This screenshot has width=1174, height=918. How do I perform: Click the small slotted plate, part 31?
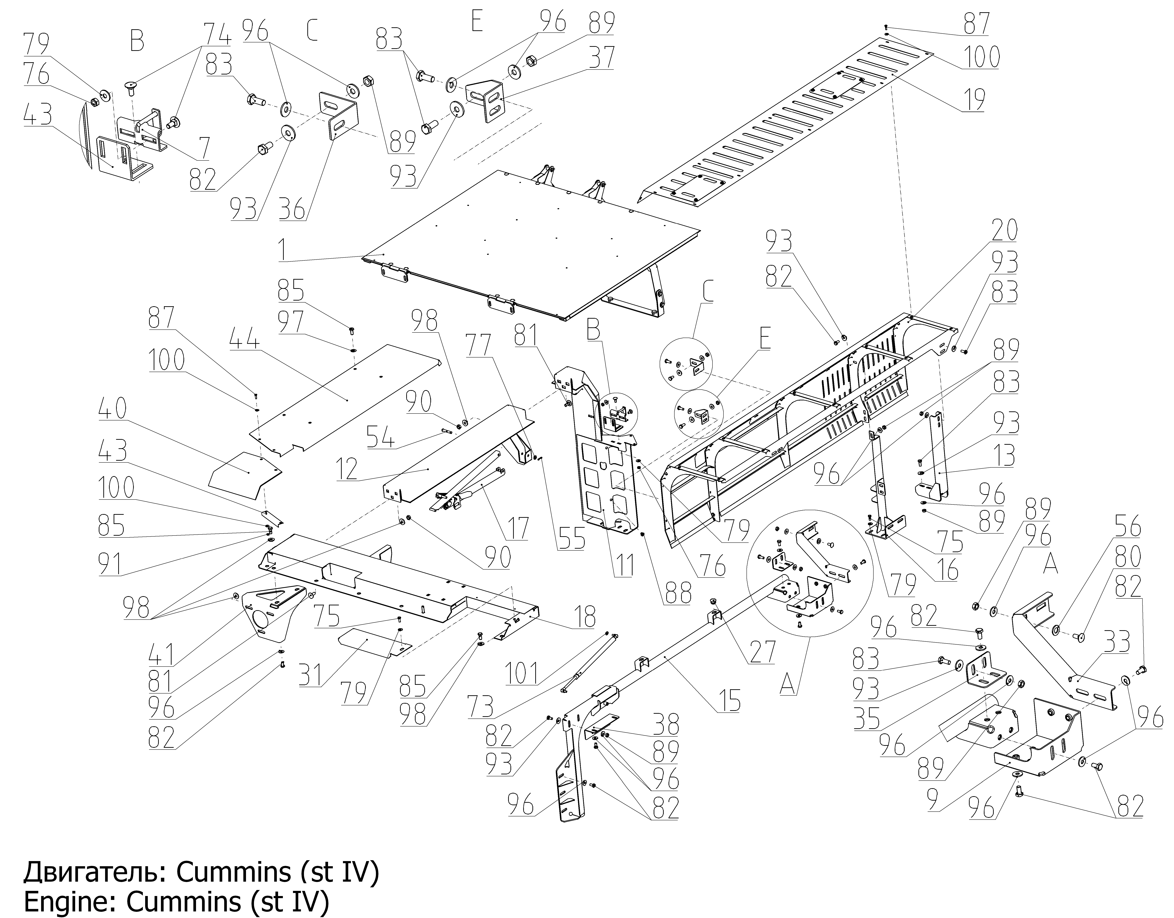[375, 643]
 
